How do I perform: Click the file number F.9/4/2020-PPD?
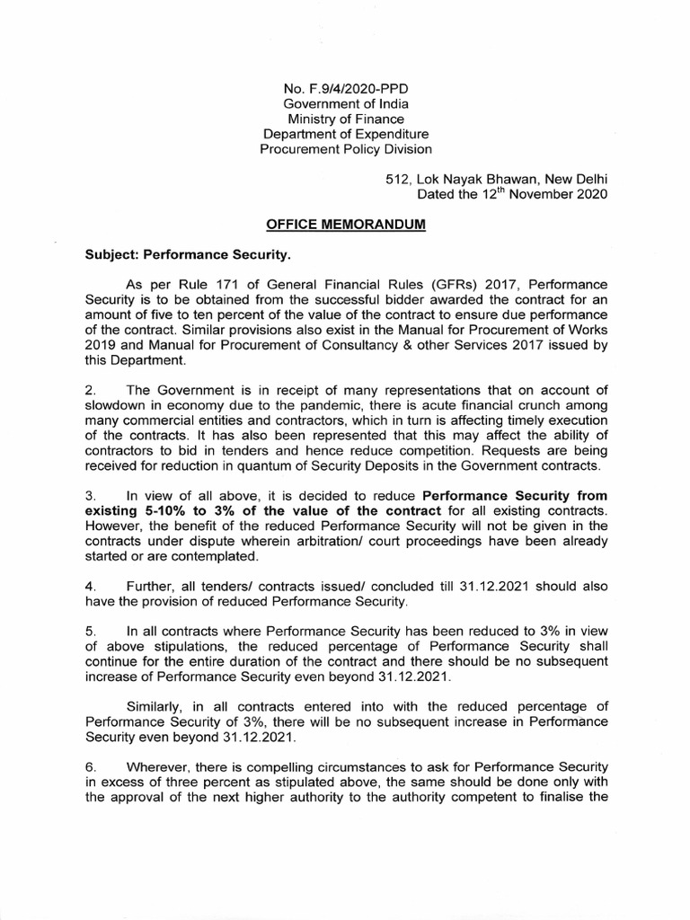(x=346, y=89)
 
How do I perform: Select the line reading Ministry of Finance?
(x=346, y=119)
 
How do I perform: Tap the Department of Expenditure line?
(x=346, y=134)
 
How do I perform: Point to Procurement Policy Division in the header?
(x=346, y=149)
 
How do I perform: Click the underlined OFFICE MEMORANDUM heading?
(x=345, y=226)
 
